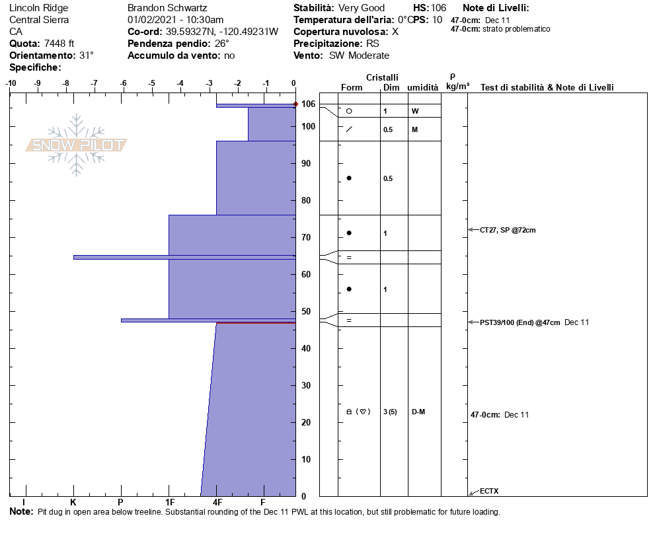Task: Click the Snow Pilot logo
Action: tap(77, 145)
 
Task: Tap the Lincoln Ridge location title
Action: tap(38, 8)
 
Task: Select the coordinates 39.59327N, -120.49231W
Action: tap(222, 32)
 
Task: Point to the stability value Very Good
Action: tap(361, 8)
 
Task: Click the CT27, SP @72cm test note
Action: tap(508, 230)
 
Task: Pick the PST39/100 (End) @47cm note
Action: tap(520, 322)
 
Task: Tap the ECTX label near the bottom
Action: tap(489, 491)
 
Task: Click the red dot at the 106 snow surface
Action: tap(295, 104)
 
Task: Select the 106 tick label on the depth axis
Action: tap(308, 104)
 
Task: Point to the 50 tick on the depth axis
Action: tap(306, 312)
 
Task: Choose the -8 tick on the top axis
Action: tap(66, 83)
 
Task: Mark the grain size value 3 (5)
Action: tap(390, 412)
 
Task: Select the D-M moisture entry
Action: tap(418, 412)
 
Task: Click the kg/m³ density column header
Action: tap(457, 87)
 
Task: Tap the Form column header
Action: tap(351, 88)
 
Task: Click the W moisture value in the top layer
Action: tap(414, 111)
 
